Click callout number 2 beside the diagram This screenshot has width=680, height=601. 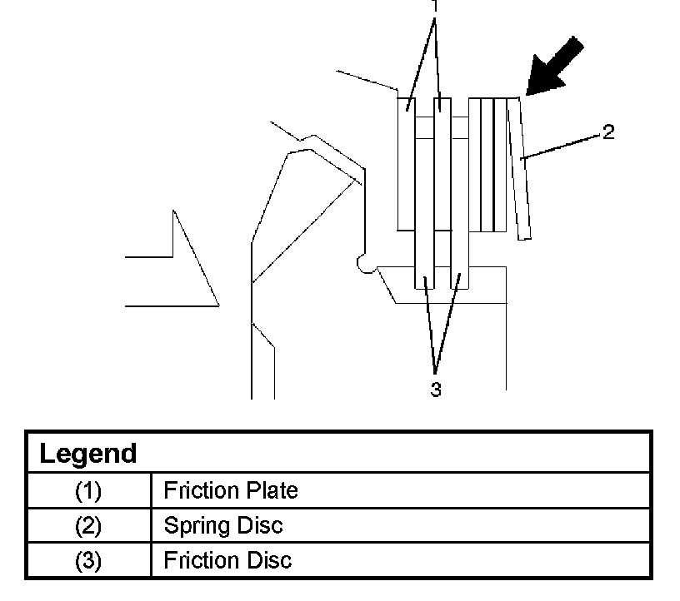pos(609,132)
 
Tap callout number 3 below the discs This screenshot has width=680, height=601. pos(435,389)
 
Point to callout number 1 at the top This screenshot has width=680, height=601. pos(433,6)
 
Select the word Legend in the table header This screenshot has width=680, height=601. pos(88,454)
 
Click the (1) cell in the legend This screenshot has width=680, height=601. pos(88,491)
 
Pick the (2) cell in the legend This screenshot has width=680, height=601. pos(88,526)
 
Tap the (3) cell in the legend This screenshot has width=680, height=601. pos(88,560)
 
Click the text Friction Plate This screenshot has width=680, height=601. pos(230,491)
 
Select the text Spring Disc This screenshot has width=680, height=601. pos(222,526)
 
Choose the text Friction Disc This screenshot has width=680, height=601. pos(227,560)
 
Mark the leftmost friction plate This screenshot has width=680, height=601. pos(406,162)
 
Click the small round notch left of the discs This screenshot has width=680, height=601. pos(364,264)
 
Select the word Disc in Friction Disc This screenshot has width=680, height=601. pos(271,560)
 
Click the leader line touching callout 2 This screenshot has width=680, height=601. pos(562,143)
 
